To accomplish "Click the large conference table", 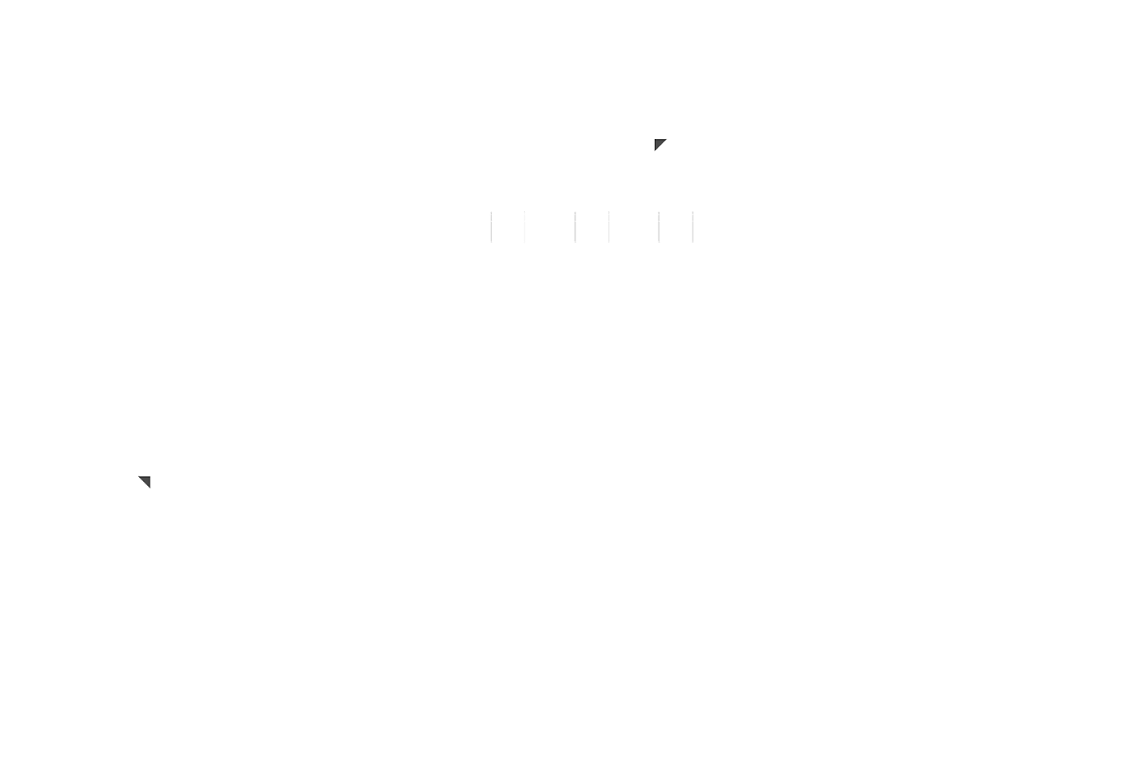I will pos(896,295).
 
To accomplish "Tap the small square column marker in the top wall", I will pos(660,145).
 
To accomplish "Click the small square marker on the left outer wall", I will pos(146,482).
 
